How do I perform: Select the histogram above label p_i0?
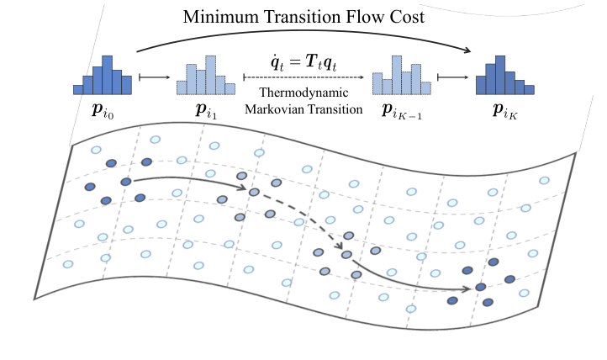tap(103, 77)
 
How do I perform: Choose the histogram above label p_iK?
tap(504, 77)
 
